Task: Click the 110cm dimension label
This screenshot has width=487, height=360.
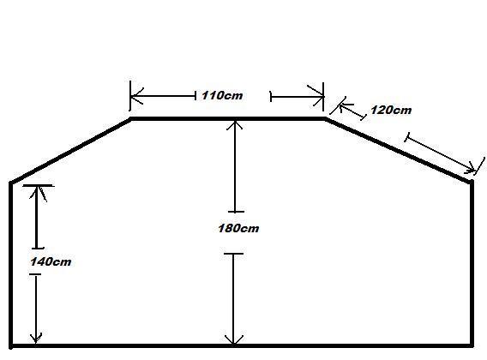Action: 222,95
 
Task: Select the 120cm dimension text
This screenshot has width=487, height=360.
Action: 391,110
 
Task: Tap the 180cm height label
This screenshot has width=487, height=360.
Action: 238,228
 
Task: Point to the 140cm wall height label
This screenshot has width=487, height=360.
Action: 51,261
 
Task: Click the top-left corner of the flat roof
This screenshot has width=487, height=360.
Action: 131,118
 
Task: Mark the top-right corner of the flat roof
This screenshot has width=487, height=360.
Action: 325,118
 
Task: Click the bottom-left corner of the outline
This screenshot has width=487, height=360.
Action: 11,345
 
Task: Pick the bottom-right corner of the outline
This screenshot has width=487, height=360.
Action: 472,345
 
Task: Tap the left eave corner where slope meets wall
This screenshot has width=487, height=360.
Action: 11,183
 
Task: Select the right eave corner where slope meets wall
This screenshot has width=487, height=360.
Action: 472,182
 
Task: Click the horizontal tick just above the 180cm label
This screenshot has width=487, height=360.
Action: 236,212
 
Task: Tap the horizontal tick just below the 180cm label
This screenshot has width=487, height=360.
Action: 233,254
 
